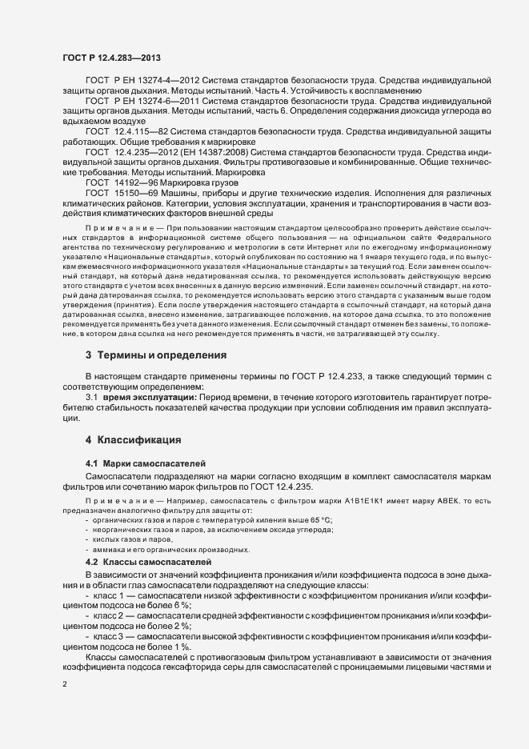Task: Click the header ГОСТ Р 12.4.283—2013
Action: tap(108, 57)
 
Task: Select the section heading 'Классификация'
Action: tap(138, 439)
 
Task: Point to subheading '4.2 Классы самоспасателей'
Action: tap(148, 563)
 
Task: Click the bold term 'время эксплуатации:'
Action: tap(146, 398)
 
